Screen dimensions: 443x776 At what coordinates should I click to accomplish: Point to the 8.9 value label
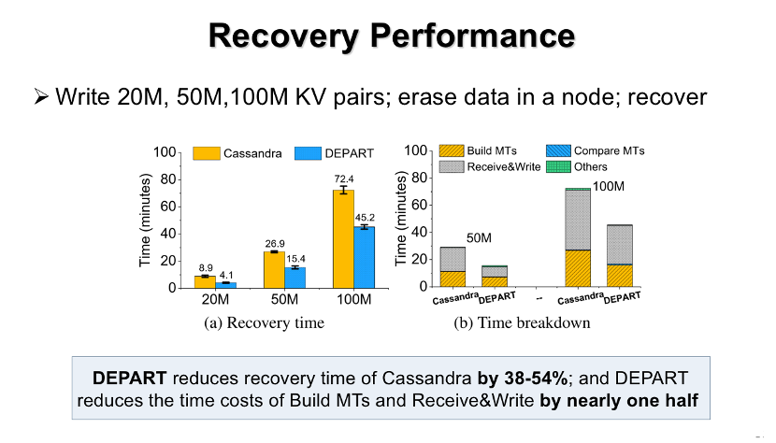click(x=207, y=267)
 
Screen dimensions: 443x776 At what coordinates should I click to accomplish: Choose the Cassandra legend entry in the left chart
click(x=238, y=153)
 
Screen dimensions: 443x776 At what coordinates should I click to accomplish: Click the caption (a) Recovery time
click(x=264, y=323)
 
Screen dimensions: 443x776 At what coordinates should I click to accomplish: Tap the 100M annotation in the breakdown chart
click(x=609, y=187)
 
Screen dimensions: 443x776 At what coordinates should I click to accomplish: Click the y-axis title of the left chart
click(x=146, y=220)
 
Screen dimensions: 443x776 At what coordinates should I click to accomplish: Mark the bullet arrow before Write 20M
click(x=39, y=96)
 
